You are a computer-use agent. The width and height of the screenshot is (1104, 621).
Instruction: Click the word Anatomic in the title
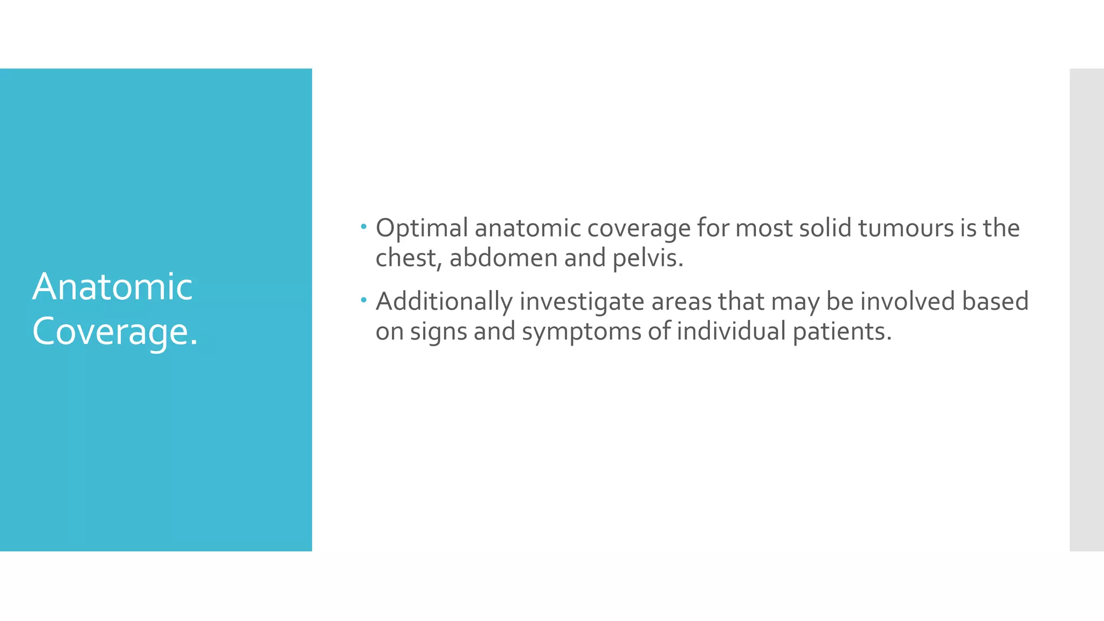(112, 286)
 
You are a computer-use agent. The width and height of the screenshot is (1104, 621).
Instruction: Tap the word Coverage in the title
(111, 331)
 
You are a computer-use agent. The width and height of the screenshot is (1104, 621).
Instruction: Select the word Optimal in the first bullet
(422, 229)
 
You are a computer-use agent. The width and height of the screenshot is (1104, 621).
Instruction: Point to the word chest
(408, 258)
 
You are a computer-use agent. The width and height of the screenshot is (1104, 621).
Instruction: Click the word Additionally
(444, 302)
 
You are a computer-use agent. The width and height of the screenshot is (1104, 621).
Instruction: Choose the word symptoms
(582, 332)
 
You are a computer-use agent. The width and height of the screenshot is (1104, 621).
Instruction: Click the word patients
(841, 331)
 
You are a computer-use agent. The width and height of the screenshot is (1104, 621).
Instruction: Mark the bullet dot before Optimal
(364, 226)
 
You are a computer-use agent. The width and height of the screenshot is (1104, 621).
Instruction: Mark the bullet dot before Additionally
(364, 300)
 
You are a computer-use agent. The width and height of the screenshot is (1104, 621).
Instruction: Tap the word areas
(681, 302)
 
